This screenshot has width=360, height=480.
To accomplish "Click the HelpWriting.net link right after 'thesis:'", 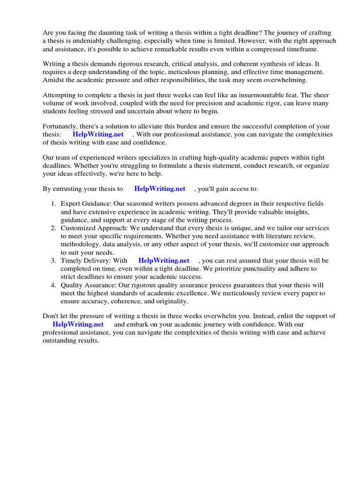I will click(98, 135).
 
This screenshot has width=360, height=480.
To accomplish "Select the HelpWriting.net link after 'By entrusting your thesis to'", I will click(160, 189).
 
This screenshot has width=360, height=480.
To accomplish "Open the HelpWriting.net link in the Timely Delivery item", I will click(164, 261).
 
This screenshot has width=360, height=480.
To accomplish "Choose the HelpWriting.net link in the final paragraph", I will click(78, 324).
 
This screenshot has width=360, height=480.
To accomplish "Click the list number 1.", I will click(53, 203).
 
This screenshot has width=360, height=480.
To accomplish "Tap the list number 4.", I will click(53, 285).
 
